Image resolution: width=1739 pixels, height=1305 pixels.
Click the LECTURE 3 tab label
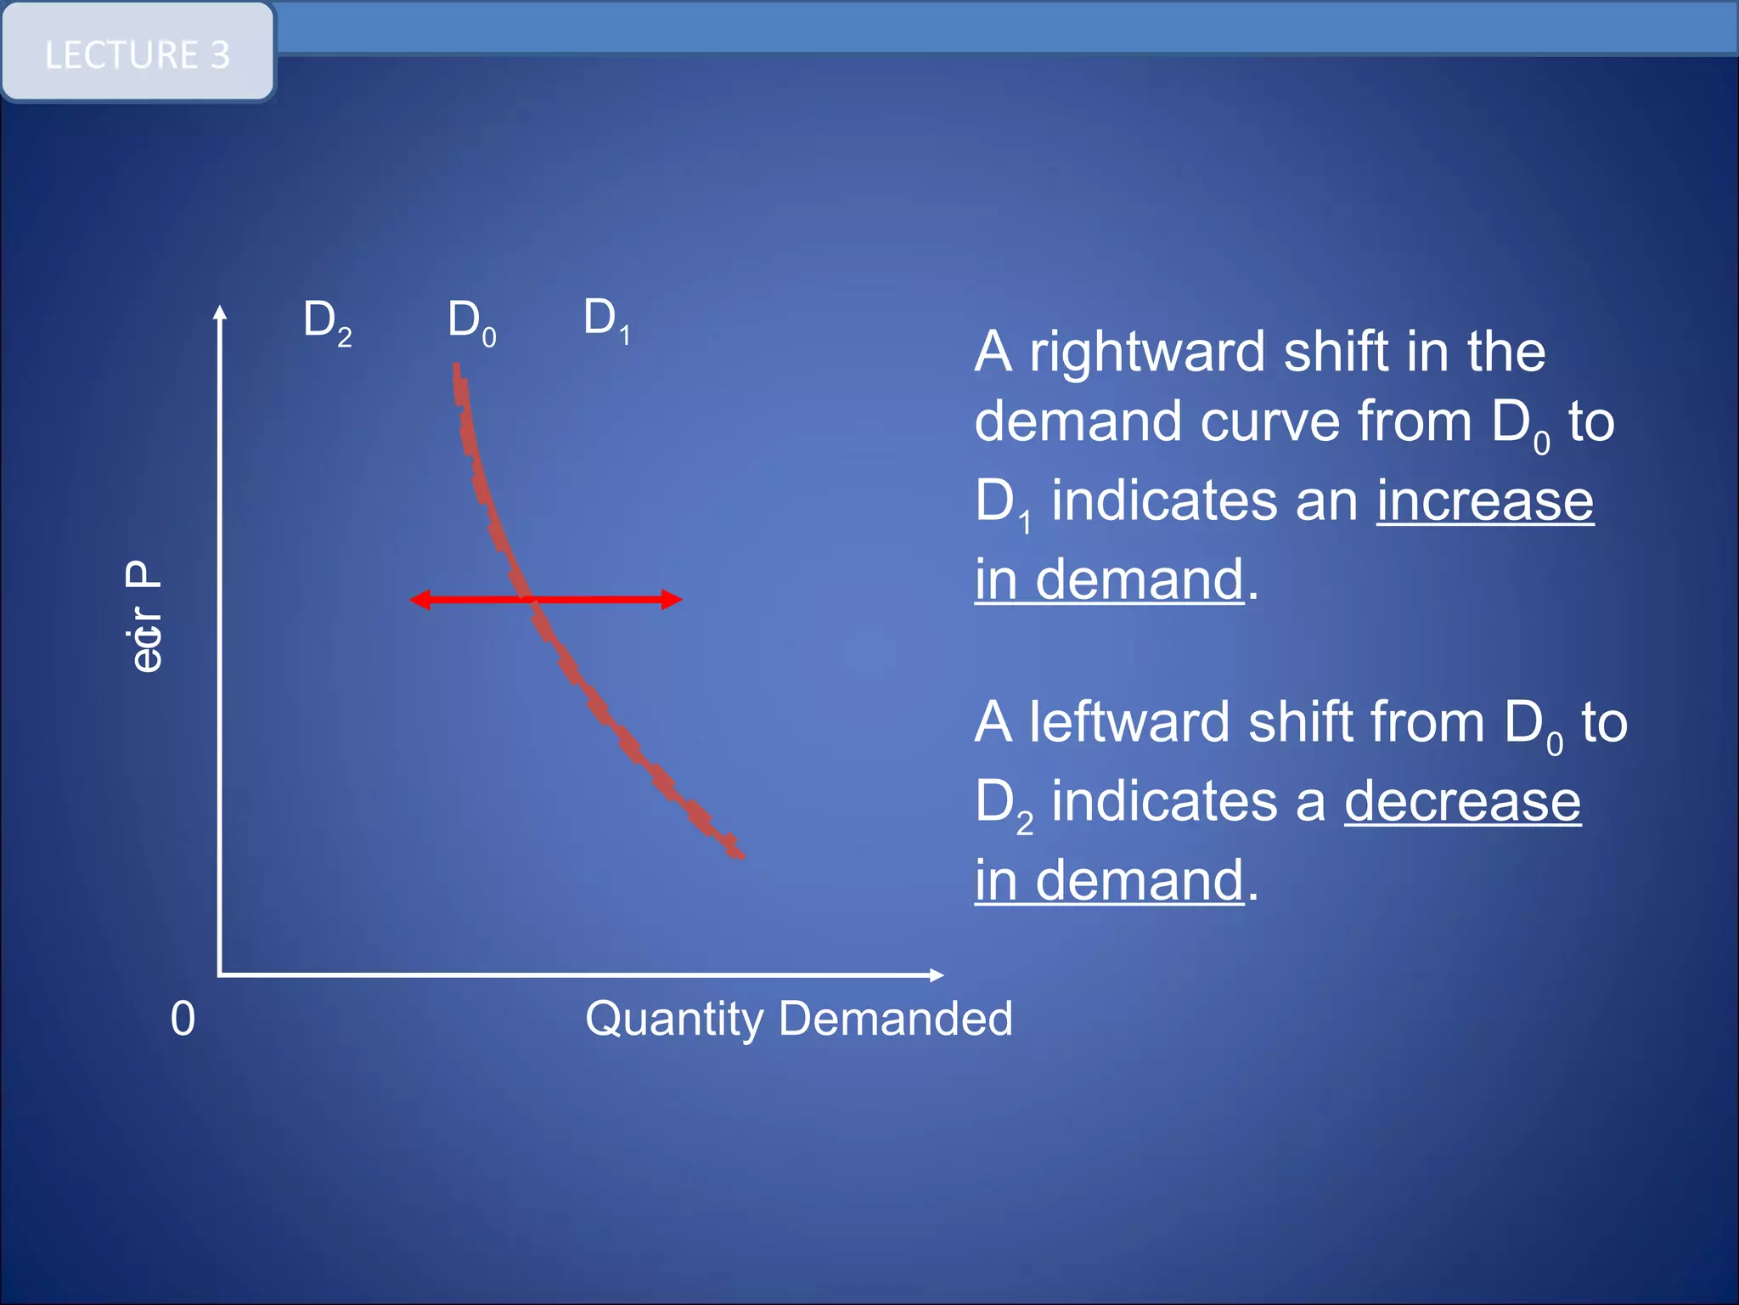point(138,55)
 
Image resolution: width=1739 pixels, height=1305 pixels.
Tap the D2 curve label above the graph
point(326,322)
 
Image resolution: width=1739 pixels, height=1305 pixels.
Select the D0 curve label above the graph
point(471,322)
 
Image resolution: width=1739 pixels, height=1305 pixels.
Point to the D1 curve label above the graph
point(606,319)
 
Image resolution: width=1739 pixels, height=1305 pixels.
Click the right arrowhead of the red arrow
point(673,600)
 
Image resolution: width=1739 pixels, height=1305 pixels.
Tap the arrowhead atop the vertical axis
point(220,313)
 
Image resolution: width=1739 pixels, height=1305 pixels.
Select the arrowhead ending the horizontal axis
point(937,975)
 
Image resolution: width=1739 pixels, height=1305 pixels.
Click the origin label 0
point(183,1018)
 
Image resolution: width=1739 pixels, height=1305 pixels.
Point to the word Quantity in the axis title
point(674,1020)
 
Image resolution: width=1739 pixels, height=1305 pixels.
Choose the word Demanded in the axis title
point(895,1018)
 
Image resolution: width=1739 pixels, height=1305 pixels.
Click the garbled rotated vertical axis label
point(144,616)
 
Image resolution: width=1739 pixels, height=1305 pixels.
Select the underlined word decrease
point(1461,801)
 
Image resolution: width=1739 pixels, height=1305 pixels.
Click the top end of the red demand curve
point(457,369)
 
